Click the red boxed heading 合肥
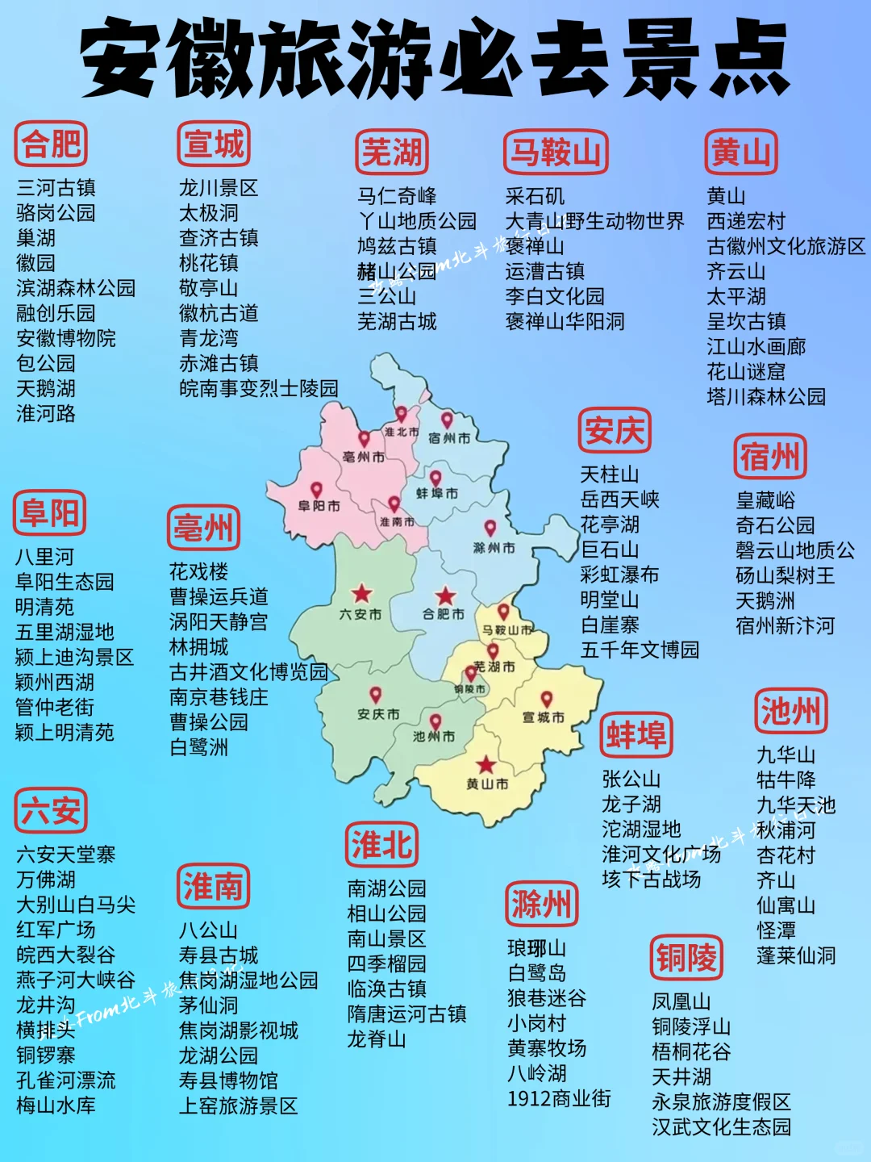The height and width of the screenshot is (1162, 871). point(51,144)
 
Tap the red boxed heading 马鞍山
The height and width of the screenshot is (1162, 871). point(556,152)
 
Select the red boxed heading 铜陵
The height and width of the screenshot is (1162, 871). point(686,958)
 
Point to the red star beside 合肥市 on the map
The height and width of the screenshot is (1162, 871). point(445,596)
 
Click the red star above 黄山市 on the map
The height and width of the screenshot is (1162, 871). point(486,764)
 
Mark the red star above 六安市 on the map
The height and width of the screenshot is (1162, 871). point(361,594)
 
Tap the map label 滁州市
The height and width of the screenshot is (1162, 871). point(494,548)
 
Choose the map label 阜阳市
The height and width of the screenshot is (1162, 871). point(319,506)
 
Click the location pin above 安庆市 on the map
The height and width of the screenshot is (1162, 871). point(375,695)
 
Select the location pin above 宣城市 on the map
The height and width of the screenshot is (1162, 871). point(546,699)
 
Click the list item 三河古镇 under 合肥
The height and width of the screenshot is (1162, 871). point(56,188)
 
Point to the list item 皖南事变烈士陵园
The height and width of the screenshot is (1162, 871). point(259,388)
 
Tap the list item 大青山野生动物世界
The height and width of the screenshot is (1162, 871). point(594,221)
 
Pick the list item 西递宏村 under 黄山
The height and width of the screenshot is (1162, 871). point(746,221)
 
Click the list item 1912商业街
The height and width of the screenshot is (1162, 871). point(559,1098)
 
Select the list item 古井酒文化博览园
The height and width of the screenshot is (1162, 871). point(248,671)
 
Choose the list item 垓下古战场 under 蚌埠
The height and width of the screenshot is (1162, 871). point(651,879)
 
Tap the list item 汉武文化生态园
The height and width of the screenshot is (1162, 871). point(721,1126)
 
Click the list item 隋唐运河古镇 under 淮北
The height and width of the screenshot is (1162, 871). point(406,1014)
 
